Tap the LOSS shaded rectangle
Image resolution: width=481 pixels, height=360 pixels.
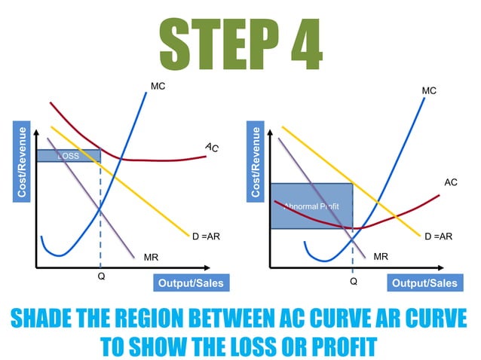(69, 156)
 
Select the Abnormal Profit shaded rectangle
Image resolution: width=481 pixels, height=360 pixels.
(311, 206)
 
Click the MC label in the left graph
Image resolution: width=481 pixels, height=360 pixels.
(158, 87)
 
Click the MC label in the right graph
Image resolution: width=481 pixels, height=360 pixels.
(429, 91)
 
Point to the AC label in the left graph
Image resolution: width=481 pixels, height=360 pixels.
(212, 147)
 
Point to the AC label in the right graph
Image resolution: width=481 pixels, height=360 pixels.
(451, 182)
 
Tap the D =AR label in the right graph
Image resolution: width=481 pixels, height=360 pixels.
(438, 236)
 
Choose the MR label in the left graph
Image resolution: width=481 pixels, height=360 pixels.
(151, 257)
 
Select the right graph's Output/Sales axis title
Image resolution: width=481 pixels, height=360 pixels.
(423, 283)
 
